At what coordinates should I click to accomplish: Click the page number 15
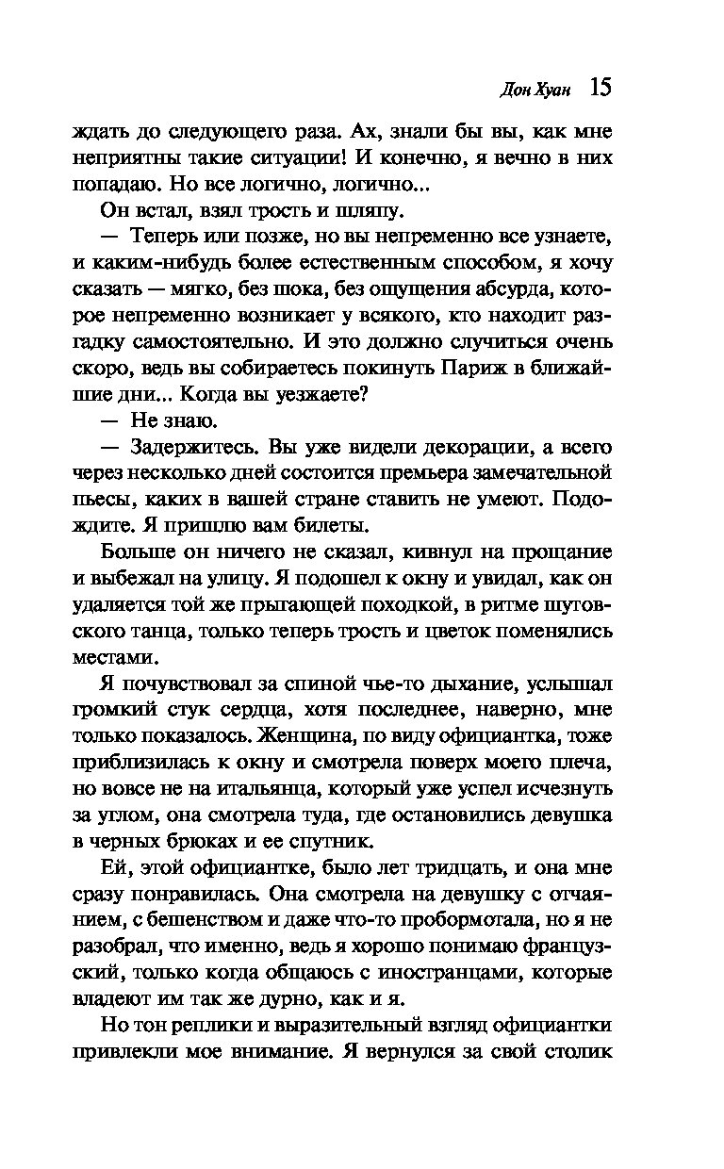601,88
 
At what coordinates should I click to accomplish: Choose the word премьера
424,470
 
